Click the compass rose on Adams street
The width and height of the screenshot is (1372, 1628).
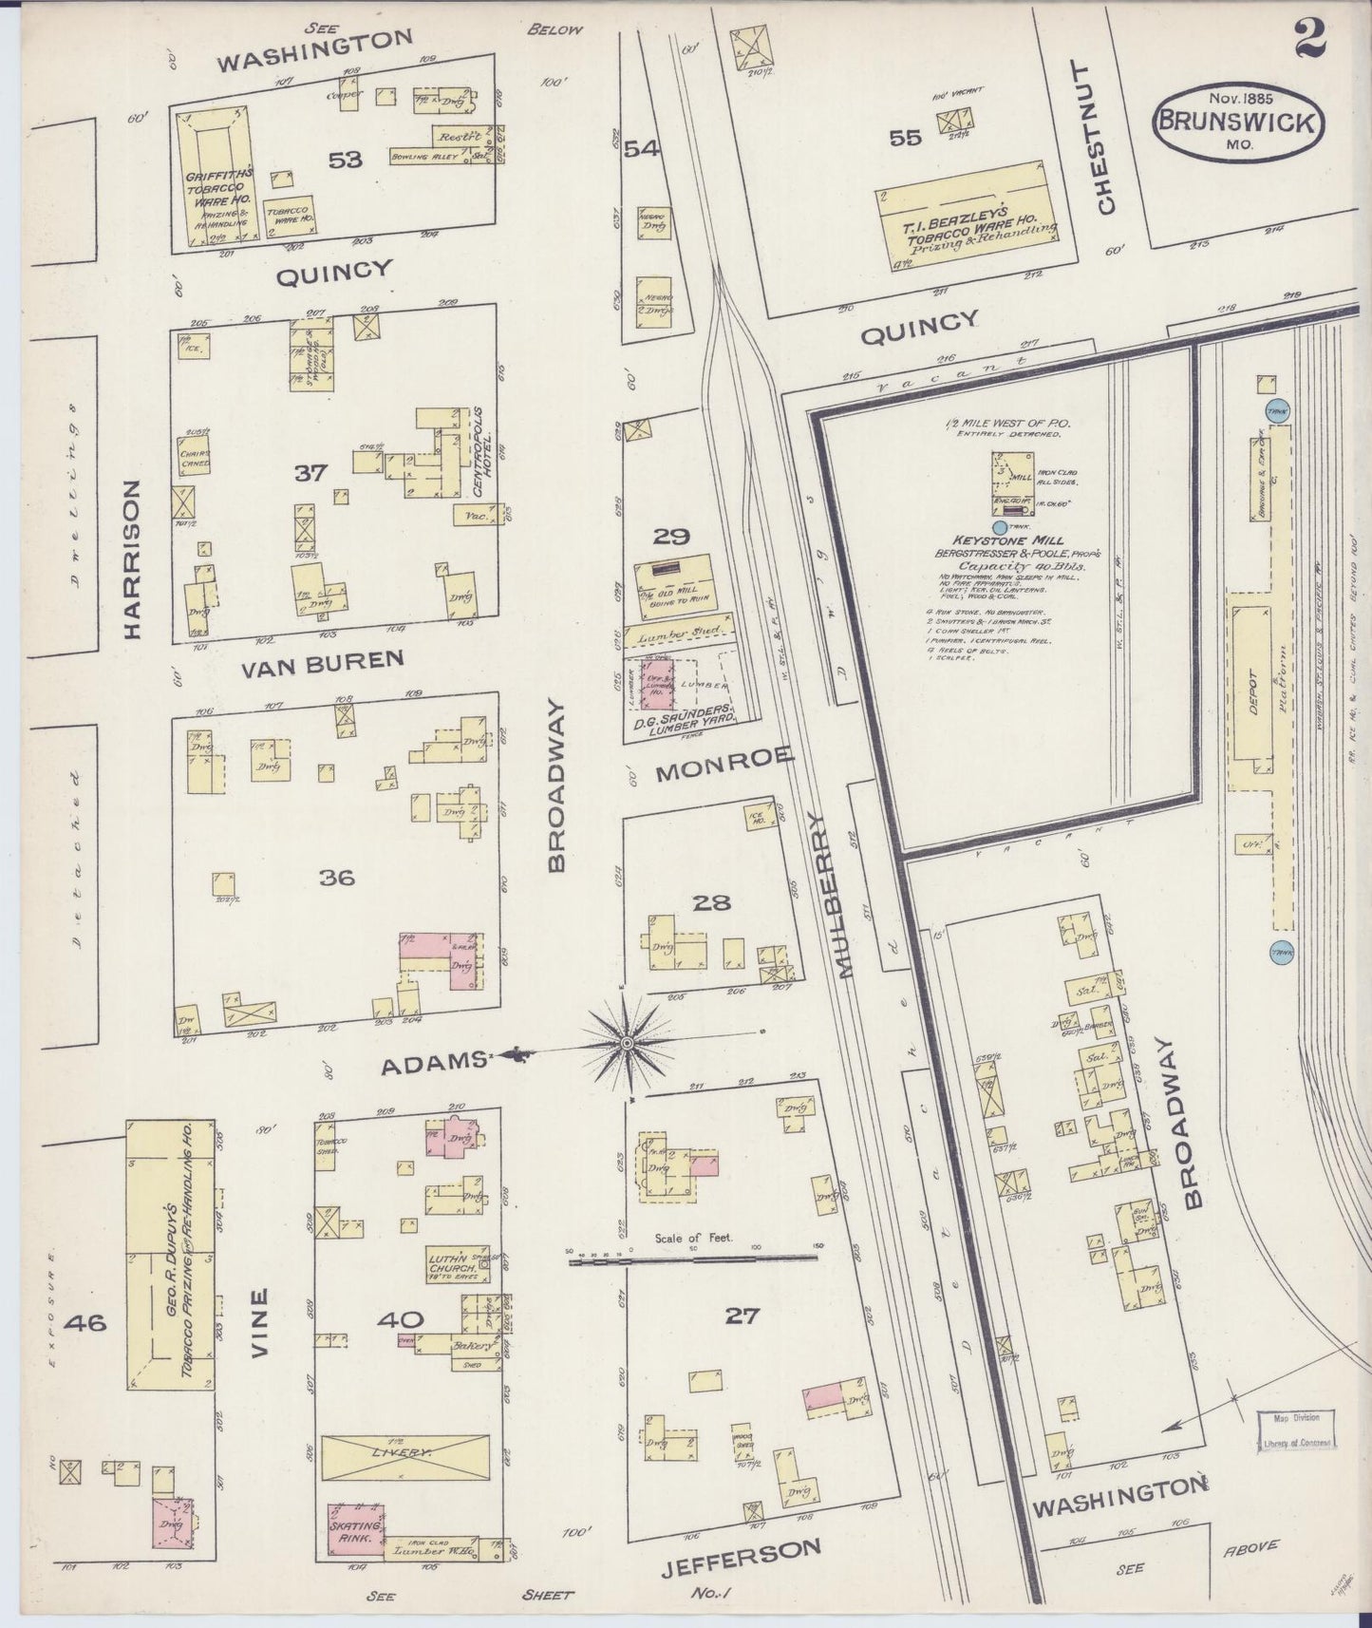627,1043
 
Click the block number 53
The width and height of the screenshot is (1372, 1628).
346,160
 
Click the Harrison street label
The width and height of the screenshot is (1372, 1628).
131,558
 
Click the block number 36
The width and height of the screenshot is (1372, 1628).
337,878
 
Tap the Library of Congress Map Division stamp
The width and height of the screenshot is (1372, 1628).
1297,1430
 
